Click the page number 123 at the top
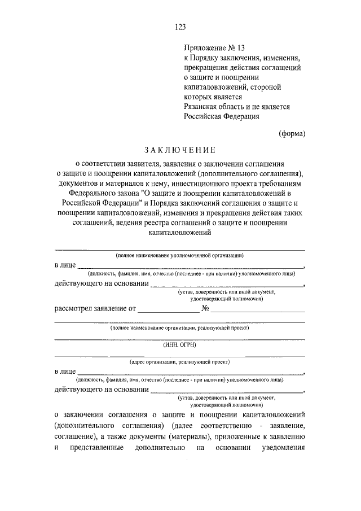tap(180, 27)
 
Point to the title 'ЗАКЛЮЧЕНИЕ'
tap(180, 150)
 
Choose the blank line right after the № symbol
tap(258, 310)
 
